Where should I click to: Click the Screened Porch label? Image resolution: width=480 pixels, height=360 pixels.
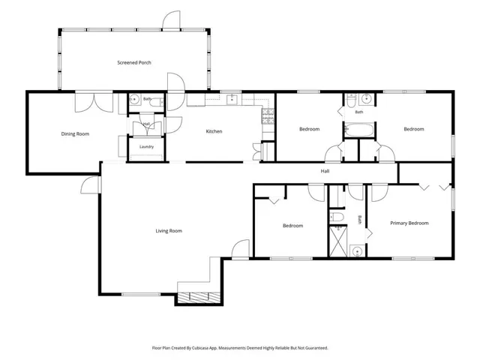tap(134, 62)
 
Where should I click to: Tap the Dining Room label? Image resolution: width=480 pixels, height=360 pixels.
tap(75, 133)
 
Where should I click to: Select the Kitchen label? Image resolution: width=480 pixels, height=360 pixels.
tap(214, 131)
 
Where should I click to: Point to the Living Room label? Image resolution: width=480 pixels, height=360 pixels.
tap(169, 231)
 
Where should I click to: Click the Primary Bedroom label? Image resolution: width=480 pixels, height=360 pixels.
tap(409, 223)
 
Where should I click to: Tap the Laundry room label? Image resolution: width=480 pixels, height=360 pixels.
tap(146, 147)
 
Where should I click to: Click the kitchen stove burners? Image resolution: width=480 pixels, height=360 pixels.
tap(268, 116)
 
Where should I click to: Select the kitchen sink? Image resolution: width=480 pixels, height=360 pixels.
tap(232, 100)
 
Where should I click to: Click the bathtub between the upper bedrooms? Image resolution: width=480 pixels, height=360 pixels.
tap(359, 130)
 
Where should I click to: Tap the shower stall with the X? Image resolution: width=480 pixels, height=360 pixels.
tap(338, 241)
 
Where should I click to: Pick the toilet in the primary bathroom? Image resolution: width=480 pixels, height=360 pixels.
tap(336, 217)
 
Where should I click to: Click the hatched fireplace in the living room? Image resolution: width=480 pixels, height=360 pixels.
tap(199, 298)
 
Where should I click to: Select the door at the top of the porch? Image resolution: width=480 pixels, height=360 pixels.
tap(171, 21)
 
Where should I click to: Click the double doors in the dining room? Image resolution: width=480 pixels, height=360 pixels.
tap(94, 102)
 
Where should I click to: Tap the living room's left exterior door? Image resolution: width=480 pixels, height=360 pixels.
tap(91, 185)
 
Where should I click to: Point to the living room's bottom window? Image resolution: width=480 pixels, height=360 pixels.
tap(141, 295)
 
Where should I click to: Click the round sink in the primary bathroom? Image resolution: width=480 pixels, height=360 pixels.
tap(357, 252)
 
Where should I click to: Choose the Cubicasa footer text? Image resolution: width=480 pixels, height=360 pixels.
tap(240, 348)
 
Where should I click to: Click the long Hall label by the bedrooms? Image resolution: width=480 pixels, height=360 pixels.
tap(325, 171)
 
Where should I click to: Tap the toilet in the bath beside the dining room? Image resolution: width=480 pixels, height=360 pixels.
tap(156, 102)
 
